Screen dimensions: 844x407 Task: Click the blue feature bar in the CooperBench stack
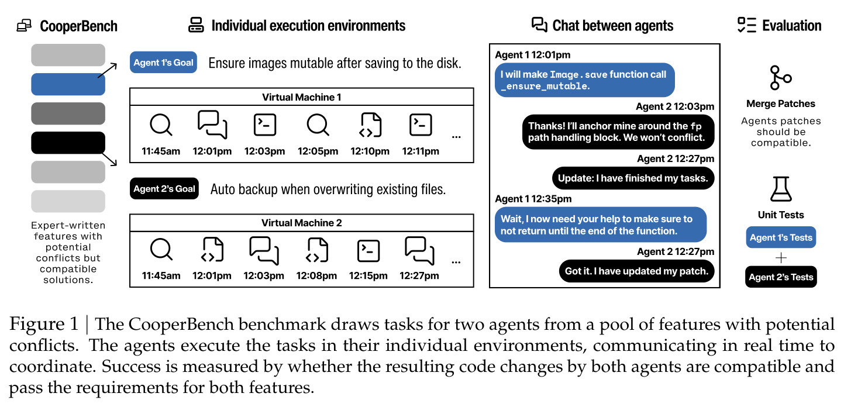coord(68,84)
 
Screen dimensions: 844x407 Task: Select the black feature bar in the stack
coord(68,143)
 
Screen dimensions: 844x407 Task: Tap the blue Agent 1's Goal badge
coord(163,62)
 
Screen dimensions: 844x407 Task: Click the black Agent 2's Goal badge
coord(164,188)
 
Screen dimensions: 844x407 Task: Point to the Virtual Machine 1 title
coord(301,97)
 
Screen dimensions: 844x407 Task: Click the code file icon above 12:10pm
coord(370,125)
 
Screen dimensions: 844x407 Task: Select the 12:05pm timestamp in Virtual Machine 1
coord(318,151)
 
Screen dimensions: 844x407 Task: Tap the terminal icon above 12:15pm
coord(368,251)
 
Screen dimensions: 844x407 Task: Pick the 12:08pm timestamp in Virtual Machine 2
coord(316,276)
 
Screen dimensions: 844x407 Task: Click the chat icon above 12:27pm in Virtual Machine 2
coord(419,251)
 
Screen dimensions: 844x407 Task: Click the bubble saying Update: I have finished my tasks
coord(633,178)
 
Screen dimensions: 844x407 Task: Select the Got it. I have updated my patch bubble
coord(636,271)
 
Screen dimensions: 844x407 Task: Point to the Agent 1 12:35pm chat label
coord(533,199)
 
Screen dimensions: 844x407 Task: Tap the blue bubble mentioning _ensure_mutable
coord(584,80)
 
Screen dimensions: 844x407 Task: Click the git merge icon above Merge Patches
coord(780,78)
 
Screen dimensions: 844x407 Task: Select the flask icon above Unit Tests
coord(781,189)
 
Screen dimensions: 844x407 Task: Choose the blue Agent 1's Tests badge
coord(781,237)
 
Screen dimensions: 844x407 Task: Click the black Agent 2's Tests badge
coord(781,277)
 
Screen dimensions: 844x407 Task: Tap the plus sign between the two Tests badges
coord(781,258)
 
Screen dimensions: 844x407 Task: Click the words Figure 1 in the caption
coord(44,324)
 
